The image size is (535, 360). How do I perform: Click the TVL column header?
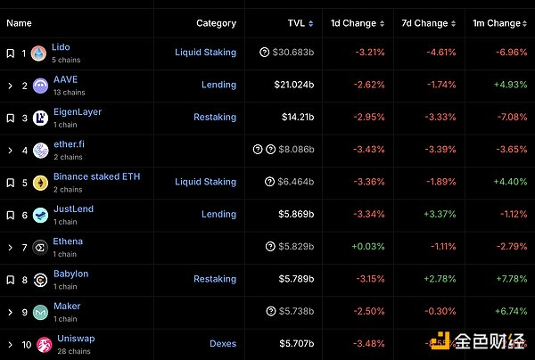(x=296, y=23)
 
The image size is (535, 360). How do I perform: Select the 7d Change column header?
(x=424, y=23)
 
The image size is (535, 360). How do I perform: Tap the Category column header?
(x=216, y=23)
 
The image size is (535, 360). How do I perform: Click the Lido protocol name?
(x=61, y=47)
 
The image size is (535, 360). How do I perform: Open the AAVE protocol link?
(x=65, y=79)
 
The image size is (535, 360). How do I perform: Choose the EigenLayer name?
(x=77, y=112)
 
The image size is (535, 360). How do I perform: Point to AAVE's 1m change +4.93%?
(x=508, y=85)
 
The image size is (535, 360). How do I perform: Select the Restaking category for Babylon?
(x=215, y=279)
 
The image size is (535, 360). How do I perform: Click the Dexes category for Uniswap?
(x=223, y=343)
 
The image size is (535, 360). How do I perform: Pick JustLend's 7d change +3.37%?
(x=437, y=214)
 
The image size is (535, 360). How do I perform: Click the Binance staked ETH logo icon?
(x=40, y=182)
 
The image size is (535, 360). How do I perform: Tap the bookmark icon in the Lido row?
(x=10, y=53)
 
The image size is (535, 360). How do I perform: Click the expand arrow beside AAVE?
(x=10, y=86)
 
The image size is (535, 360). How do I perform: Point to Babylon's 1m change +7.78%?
(x=508, y=279)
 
